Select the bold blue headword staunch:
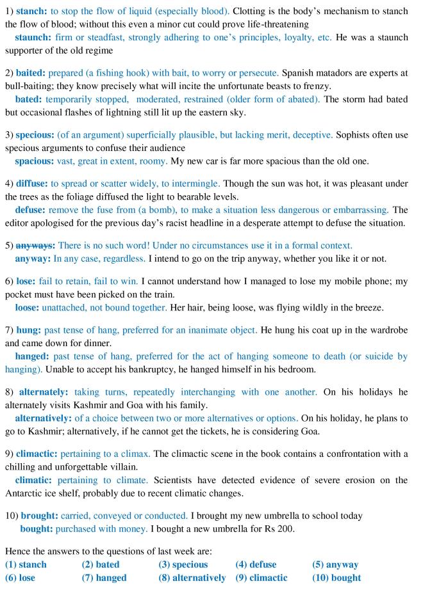pyautogui.click(x=34, y=38)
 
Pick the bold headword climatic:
pyautogui.click(x=35, y=479)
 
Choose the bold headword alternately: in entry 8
pyautogui.click(x=44, y=392)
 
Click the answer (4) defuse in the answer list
pyautogui.click(x=256, y=565)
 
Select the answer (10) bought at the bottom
pyautogui.click(x=336, y=577)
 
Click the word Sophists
pyautogui.click(x=356, y=135)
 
